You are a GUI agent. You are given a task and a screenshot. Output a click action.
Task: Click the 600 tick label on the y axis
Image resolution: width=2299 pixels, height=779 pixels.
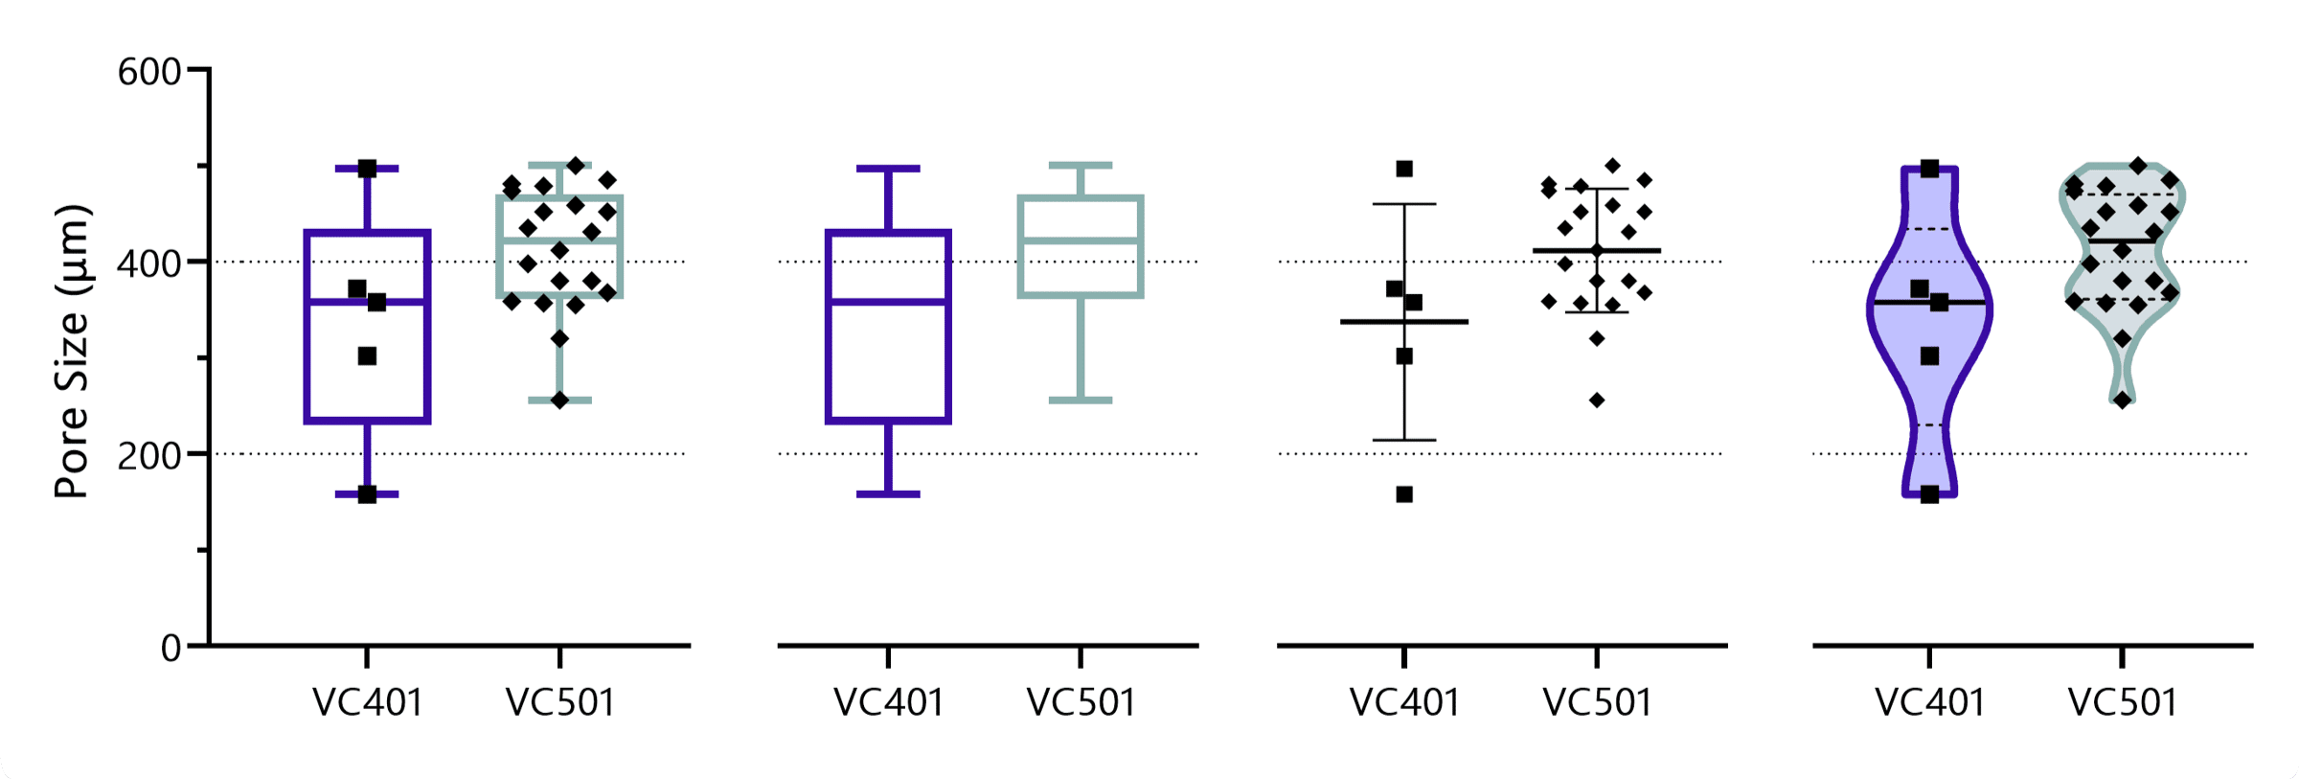(x=148, y=72)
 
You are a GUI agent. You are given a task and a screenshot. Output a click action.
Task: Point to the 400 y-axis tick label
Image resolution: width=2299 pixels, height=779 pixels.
(x=148, y=263)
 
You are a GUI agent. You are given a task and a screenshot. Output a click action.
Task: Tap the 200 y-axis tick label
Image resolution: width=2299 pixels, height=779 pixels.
(x=148, y=455)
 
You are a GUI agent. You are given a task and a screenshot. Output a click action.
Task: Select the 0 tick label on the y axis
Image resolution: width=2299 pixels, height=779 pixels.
(x=171, y=649)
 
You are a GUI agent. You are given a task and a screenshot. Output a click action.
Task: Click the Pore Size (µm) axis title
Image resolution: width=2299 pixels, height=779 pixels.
(x=72, y=352)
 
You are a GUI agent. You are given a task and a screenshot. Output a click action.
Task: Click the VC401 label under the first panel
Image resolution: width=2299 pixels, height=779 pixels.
(x=367, y=703)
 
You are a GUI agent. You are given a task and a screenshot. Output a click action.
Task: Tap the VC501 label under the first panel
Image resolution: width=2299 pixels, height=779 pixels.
(x=560, y=703)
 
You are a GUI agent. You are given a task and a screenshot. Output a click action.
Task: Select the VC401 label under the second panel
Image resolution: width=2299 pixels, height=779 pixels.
(x=888, y=703)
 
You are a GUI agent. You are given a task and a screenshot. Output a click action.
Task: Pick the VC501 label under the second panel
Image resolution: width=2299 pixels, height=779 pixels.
(x=1081, y=703)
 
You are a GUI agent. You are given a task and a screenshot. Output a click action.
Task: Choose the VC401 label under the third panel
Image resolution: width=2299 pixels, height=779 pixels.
(x=1404, y=703)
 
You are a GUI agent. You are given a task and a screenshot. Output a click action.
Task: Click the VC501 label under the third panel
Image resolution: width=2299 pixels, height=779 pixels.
(x=1597, y=703)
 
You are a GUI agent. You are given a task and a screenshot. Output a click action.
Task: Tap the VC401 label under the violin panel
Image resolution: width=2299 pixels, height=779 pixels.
(x=1929, y=703)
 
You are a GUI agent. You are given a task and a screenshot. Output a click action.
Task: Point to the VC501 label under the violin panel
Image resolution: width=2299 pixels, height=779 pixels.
(x=2123, y=703)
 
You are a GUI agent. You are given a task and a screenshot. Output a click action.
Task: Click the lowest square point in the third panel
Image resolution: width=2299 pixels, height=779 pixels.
(x=1404, y=494)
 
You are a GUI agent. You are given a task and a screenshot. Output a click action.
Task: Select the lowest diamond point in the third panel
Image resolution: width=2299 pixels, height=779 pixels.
(x=1597, y=401)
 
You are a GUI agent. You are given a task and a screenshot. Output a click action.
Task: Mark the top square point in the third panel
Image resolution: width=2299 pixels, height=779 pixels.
(x=1404, y=169)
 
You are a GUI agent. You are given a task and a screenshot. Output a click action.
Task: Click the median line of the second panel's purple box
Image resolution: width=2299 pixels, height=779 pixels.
(x=888, y=302)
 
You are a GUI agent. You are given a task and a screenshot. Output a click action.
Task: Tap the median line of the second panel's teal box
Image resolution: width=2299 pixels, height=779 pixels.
(x=1081, y=240)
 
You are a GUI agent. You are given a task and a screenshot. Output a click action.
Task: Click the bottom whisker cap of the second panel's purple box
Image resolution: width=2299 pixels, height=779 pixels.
(x=888, y=494)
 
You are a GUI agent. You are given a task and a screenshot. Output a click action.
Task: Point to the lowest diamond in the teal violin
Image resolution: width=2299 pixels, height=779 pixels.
(x=2123, y=401)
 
